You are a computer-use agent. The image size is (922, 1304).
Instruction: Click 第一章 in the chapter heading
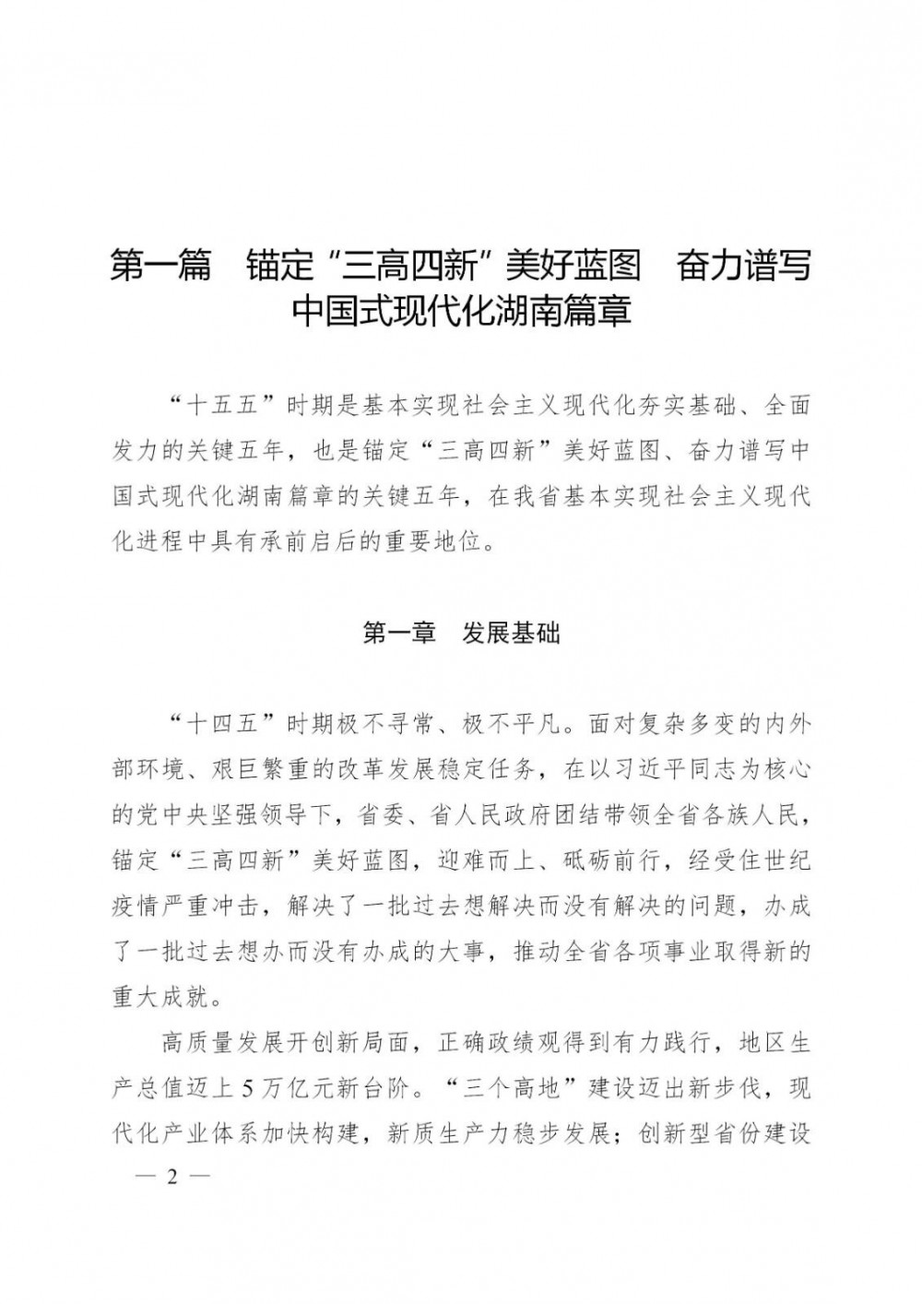point(398,634)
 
